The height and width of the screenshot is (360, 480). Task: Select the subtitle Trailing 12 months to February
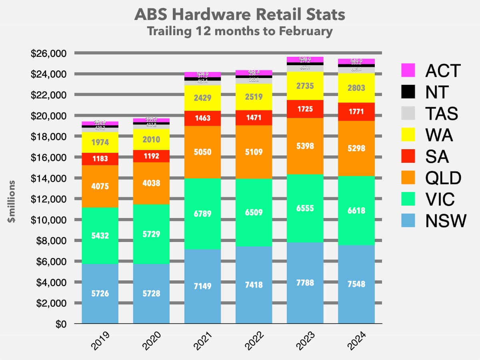coord(240,31)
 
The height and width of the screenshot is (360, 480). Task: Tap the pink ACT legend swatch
coord(408,71)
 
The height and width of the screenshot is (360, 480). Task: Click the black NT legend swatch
coord(408,92)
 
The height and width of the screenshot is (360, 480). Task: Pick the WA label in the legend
coord(439,136)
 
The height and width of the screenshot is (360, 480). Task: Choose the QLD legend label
coord(443,178)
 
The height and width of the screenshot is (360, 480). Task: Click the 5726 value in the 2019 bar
coord(100,294)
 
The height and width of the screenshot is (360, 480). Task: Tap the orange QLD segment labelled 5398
coord(305,146)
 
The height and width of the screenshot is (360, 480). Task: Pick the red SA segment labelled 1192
coord(151,156)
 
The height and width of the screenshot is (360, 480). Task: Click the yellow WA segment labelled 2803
coord(356,88)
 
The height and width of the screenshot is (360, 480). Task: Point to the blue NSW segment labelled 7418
coord(254,284)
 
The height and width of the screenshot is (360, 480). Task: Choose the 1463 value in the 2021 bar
coord(202,118)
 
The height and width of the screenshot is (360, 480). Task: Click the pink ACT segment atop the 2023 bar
coord(305,60)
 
